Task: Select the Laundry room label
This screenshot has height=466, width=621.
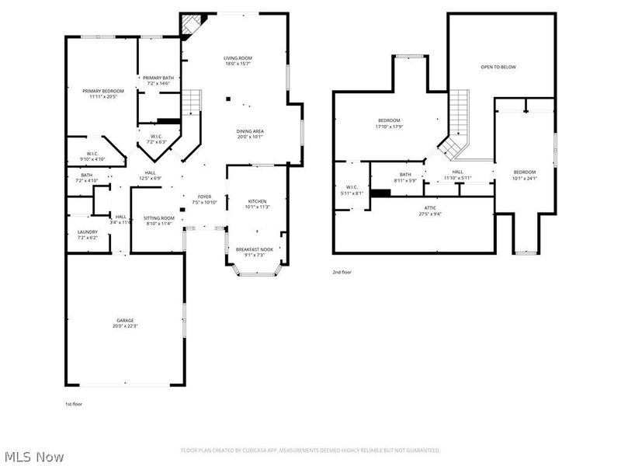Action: (x=87, y=235)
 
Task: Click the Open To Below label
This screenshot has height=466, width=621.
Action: (x=498, y=68)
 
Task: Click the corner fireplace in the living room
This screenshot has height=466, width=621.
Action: (x=189, y=26)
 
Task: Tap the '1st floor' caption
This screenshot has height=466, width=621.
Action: (x=73, y=405)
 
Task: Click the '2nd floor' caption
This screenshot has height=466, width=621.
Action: (x=342, y=273)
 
